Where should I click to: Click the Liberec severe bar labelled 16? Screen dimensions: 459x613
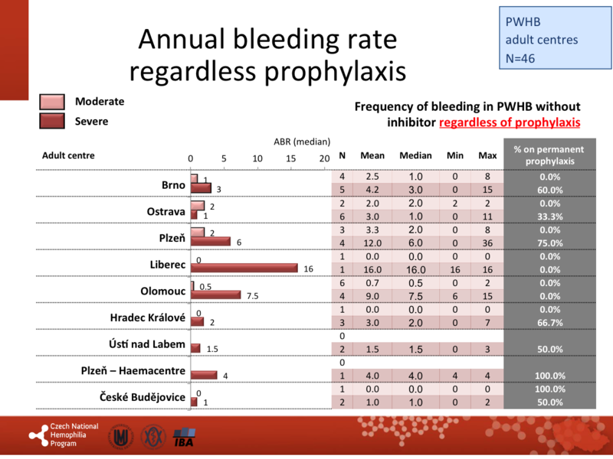(x=244, y=269)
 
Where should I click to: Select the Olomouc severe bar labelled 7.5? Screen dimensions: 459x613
(x=215, y=295)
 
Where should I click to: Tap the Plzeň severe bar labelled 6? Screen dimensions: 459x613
(x=210, y=242)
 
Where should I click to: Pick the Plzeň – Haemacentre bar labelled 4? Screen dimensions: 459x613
(x=204, y=375)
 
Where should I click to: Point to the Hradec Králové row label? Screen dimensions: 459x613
(x=142, y=317)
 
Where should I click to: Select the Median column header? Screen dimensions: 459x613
(x=415, y=156)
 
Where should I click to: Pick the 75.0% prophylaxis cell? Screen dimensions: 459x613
(x=549, y=242)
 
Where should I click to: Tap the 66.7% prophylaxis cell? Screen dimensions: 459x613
(x=549, y=322)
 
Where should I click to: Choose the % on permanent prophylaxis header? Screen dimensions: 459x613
(x=549, y=155)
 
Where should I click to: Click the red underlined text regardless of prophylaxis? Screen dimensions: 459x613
(x=510, y=122)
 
